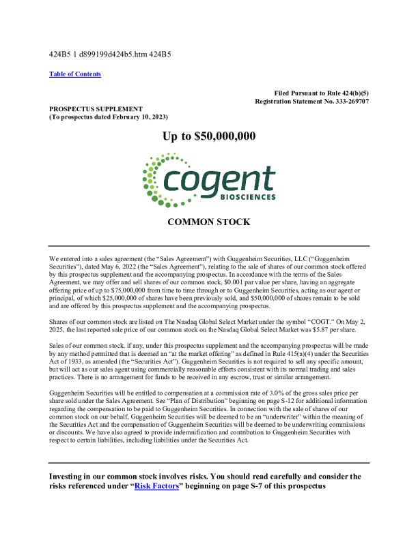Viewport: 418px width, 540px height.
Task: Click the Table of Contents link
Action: [75, 74]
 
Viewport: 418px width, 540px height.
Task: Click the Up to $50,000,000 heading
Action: [209, 136]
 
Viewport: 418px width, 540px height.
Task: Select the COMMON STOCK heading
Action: [208, 222]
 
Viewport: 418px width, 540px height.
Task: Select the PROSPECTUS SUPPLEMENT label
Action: [96, 108]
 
